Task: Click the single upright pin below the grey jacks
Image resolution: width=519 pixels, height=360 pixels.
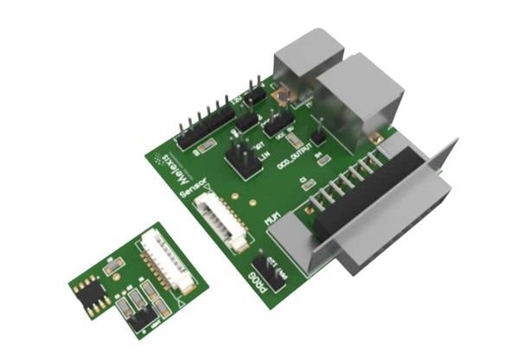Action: click(318, 130)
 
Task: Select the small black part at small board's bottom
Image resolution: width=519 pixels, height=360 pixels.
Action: click(140, 320)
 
